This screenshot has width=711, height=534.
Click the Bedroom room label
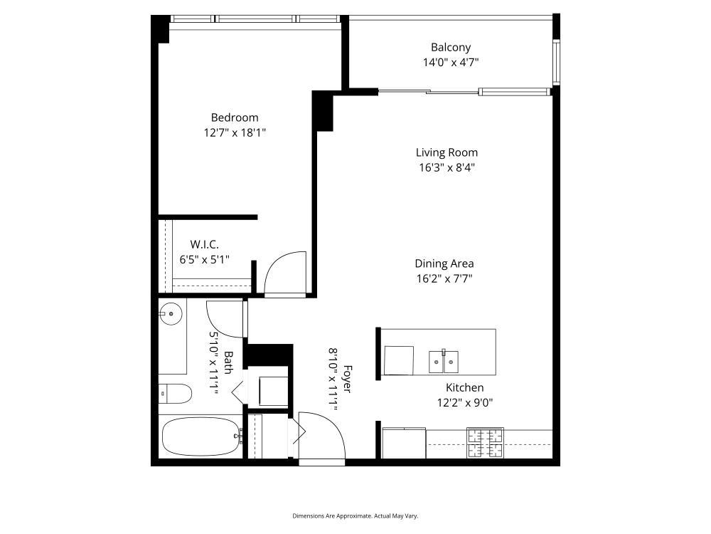click(x=235, y=117)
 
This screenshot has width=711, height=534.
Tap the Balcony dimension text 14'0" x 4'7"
click(x=451, y=62)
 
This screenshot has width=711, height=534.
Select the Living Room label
click(x=447, y=152)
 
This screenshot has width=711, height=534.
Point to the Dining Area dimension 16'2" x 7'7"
click(x=444, y=278)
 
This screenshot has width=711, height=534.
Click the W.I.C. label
click(x=205, y=244)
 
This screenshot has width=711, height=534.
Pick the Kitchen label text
click(x=465, y=388)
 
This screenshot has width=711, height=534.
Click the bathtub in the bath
click(x=201, y=437)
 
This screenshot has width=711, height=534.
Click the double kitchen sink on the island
click(x=444, y=362)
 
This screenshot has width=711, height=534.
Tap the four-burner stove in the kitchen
click(x=486, y=443)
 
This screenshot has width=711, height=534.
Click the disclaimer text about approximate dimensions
click(x=355, y=515)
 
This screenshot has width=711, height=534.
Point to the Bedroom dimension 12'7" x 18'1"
click(x=235, y=133)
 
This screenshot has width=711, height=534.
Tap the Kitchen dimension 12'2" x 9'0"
click(x=465, y=403)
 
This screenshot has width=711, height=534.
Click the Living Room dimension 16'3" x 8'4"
click(x=447, y=167)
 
